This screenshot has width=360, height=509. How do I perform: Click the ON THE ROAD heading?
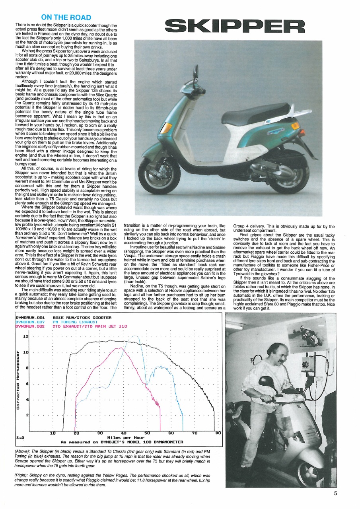point(66,17)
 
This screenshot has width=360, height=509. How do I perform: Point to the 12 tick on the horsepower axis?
point(26,336)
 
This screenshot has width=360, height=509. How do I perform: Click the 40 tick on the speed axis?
point(124,433)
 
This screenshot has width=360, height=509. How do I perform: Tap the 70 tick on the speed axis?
point(195,433)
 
